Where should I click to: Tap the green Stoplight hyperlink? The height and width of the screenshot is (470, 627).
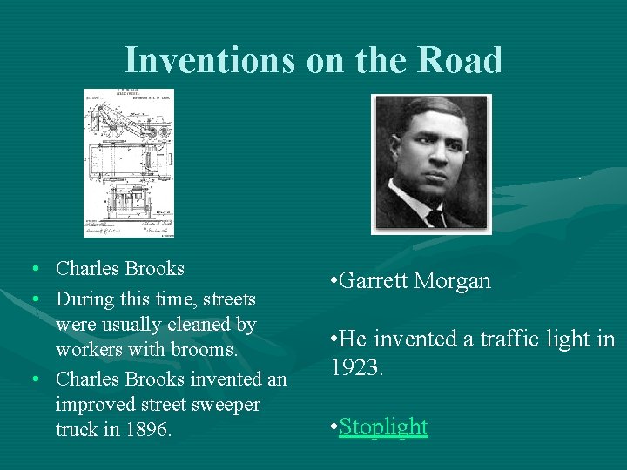[x=383, y=426]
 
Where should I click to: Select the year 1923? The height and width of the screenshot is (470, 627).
[x=356, y=368]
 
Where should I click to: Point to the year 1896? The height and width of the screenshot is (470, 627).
[x=145, y=430]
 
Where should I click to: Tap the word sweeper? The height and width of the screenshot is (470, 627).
[x=227, y=405]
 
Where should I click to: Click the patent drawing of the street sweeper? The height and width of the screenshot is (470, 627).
[x=128, y=163]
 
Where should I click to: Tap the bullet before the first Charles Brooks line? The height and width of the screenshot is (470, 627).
[x=32, y=269]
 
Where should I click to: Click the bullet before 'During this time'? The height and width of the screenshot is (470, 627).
[x=32, y=299]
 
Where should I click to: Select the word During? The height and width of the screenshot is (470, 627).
[x=84, y=299]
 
